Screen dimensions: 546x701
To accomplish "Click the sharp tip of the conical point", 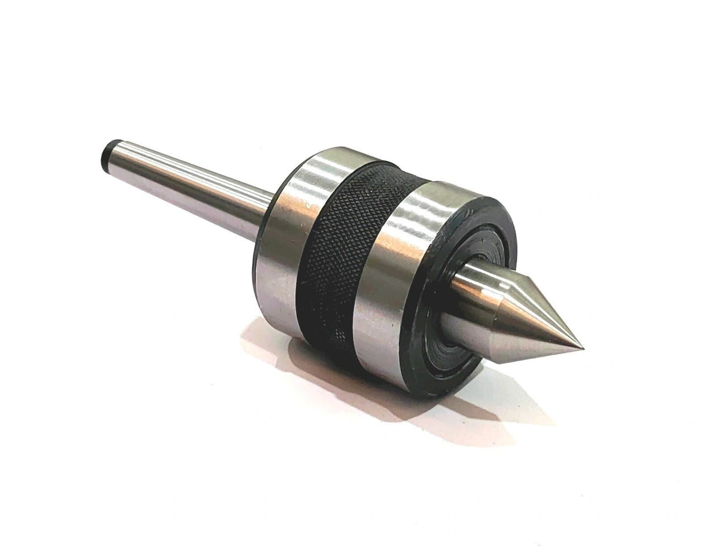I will tap(583, 350).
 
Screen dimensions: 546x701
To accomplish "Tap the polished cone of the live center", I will tap(537, 324).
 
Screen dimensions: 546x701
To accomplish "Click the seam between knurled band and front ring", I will tap(370, 266).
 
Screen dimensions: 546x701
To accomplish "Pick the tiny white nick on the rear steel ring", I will tap(311, 206).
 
